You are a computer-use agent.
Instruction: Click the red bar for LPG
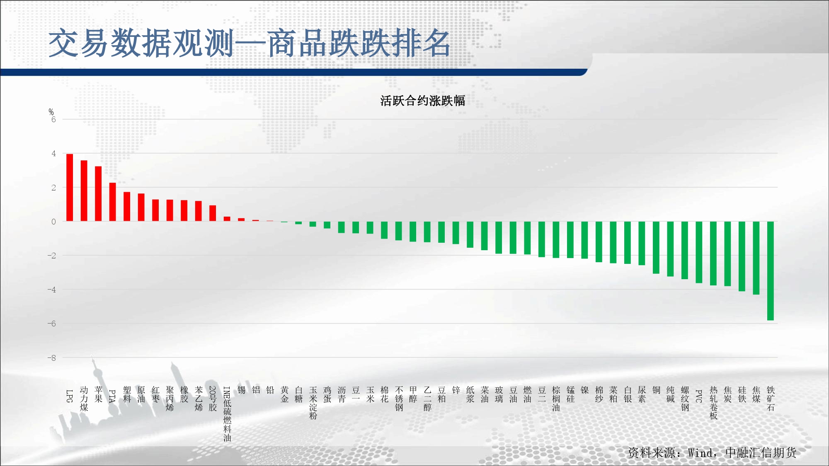point(70,188)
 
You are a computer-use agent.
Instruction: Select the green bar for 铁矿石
point(771,271)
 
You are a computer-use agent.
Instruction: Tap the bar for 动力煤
point(84,191)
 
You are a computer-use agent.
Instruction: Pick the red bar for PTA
point(113,202)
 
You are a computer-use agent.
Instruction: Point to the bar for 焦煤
point(756,258)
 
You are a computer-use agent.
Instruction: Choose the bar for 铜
point(656,248)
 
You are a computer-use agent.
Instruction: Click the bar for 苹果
point(98,194)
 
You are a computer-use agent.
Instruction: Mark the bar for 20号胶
point(213,213)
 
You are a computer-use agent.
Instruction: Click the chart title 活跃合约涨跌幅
point(423,101)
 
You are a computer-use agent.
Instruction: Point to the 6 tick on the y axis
point(53,120)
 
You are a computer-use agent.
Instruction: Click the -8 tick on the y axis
point(51,358)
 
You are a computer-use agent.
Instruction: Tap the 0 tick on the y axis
point(53,222)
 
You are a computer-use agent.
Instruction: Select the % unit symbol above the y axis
point(51,112)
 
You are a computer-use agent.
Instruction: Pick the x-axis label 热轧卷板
point(713,403)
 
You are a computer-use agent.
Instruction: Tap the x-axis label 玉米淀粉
point(313,403)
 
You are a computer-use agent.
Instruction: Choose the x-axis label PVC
point(699,396)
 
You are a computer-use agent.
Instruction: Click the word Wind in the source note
point(702,453)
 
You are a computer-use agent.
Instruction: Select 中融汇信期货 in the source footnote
point(761,453)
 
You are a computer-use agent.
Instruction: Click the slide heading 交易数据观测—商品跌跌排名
point(250,43)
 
